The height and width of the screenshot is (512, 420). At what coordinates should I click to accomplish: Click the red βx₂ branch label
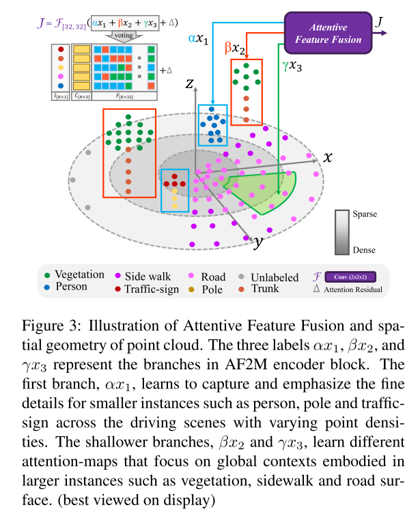(236, 48)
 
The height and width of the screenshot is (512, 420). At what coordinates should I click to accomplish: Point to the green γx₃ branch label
(293, 67)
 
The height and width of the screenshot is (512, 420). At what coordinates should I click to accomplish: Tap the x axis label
(328, 156)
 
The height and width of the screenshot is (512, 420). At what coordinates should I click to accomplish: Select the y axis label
(259, 242)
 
